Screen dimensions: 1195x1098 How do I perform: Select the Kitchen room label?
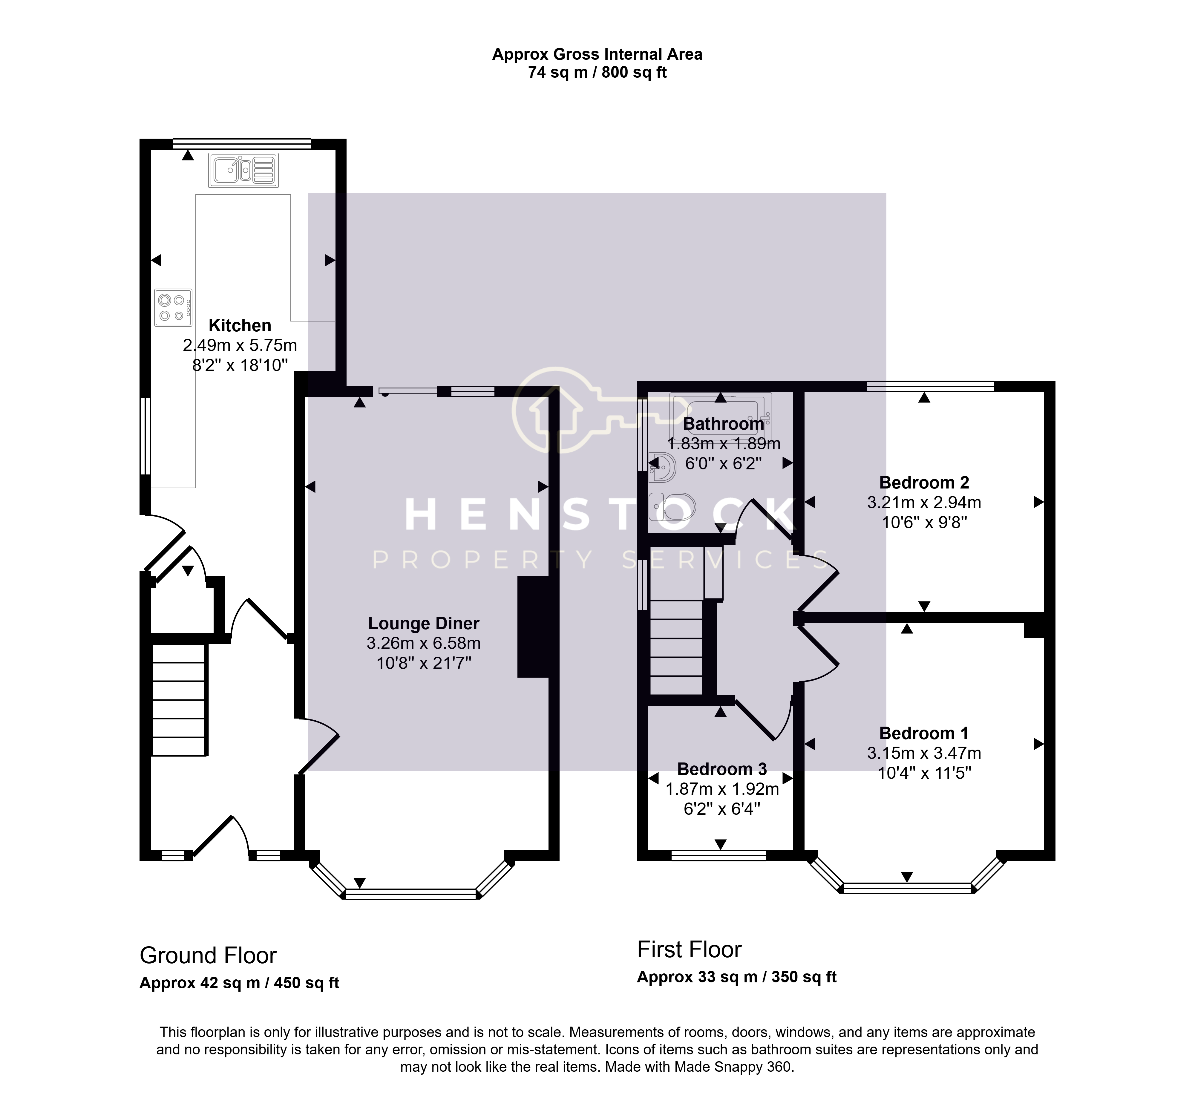point(240,326)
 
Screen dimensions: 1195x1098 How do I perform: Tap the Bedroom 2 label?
point(924,483)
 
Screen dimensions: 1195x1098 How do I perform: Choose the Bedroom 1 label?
point(924,733)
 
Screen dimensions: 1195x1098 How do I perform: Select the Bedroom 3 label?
point(722,769)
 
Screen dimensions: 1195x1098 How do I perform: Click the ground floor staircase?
point(180,700)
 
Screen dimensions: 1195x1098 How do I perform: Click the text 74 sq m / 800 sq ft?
point(597,73)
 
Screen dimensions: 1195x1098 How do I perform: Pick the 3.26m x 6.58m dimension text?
point(424,644)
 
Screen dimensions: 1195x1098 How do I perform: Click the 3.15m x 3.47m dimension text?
point(924,754)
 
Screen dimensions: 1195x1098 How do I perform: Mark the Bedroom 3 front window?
point(718,856)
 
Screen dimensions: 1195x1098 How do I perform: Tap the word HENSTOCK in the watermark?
point(600,514)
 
